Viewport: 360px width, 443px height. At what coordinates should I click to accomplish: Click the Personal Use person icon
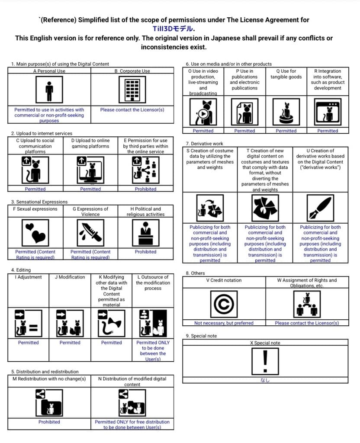49,90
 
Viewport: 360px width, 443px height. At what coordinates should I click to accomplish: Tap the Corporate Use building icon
132,90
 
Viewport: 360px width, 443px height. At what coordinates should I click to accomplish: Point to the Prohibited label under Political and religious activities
145,252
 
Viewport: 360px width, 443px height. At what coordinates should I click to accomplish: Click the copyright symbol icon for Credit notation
224,305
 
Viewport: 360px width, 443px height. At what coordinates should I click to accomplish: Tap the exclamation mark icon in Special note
265,361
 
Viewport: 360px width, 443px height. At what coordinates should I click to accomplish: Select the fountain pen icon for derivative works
320,207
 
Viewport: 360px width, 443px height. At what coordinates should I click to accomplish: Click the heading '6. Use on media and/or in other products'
228,64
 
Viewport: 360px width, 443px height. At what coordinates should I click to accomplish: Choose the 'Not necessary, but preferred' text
224,323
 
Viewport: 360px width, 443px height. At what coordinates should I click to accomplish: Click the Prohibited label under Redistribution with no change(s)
49,422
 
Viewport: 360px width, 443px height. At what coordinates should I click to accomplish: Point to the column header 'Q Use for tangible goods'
286,74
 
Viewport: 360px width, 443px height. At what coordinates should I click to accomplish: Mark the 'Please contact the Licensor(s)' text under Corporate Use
132,110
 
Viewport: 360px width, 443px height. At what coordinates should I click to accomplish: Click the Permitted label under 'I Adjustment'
28,343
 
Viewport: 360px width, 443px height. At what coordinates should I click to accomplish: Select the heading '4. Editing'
21,270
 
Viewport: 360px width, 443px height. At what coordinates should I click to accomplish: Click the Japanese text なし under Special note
265,380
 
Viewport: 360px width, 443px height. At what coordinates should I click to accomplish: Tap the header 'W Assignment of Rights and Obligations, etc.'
306,283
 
